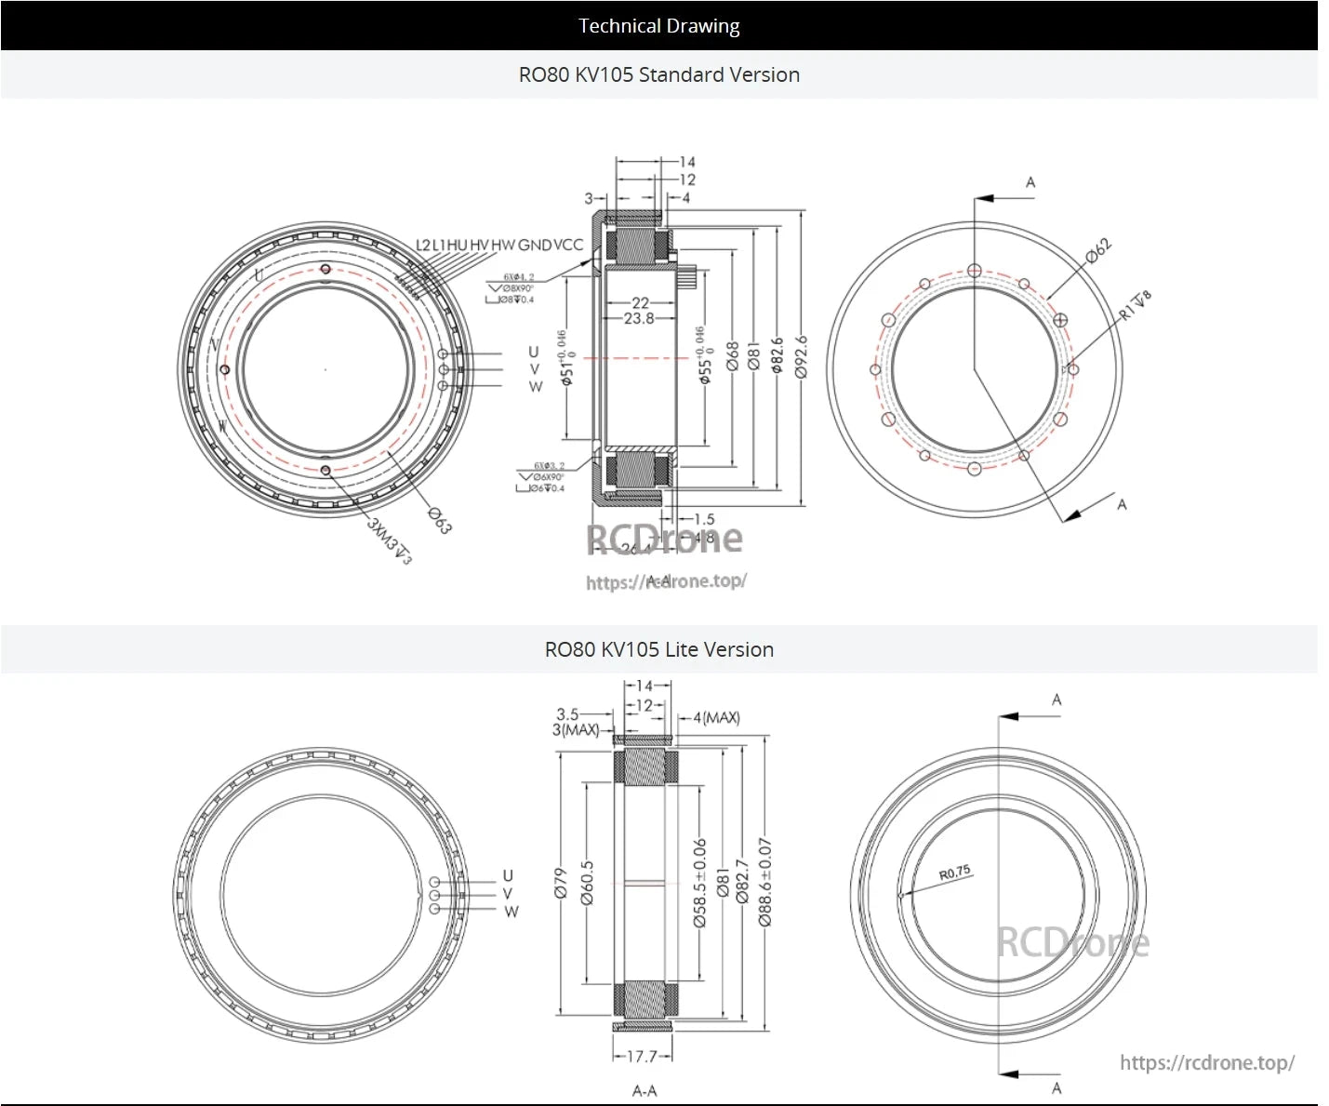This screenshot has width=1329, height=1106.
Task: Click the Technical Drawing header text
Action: pos(658,26)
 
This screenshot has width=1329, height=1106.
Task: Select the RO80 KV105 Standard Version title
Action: pos(658,74)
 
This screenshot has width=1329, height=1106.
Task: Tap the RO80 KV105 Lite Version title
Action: pos(658,649)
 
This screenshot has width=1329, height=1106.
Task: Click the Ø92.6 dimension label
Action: pos(802,357)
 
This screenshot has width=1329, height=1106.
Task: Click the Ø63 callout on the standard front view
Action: pos(439,521)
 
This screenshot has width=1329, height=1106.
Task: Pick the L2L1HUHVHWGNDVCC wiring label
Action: pos(499,245)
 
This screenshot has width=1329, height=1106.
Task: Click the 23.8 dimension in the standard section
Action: pos(639,318)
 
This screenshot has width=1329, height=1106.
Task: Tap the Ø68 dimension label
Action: pos(733,357)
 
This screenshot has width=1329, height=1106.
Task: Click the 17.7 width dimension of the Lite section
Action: pos(642,1057)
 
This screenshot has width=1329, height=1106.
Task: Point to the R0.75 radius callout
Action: pos(954,873)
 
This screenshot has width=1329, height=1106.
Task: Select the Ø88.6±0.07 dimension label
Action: pos(764,882)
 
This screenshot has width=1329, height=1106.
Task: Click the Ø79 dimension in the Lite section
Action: pos(560,883)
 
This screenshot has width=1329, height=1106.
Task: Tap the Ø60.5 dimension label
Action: pos(587,883)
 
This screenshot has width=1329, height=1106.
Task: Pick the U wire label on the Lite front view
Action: pos(508,875)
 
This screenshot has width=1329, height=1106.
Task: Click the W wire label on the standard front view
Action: pos(535,386)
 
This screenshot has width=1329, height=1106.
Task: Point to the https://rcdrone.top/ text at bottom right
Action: pos(1206,1062)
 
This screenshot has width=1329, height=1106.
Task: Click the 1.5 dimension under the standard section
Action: pos(704,520)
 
